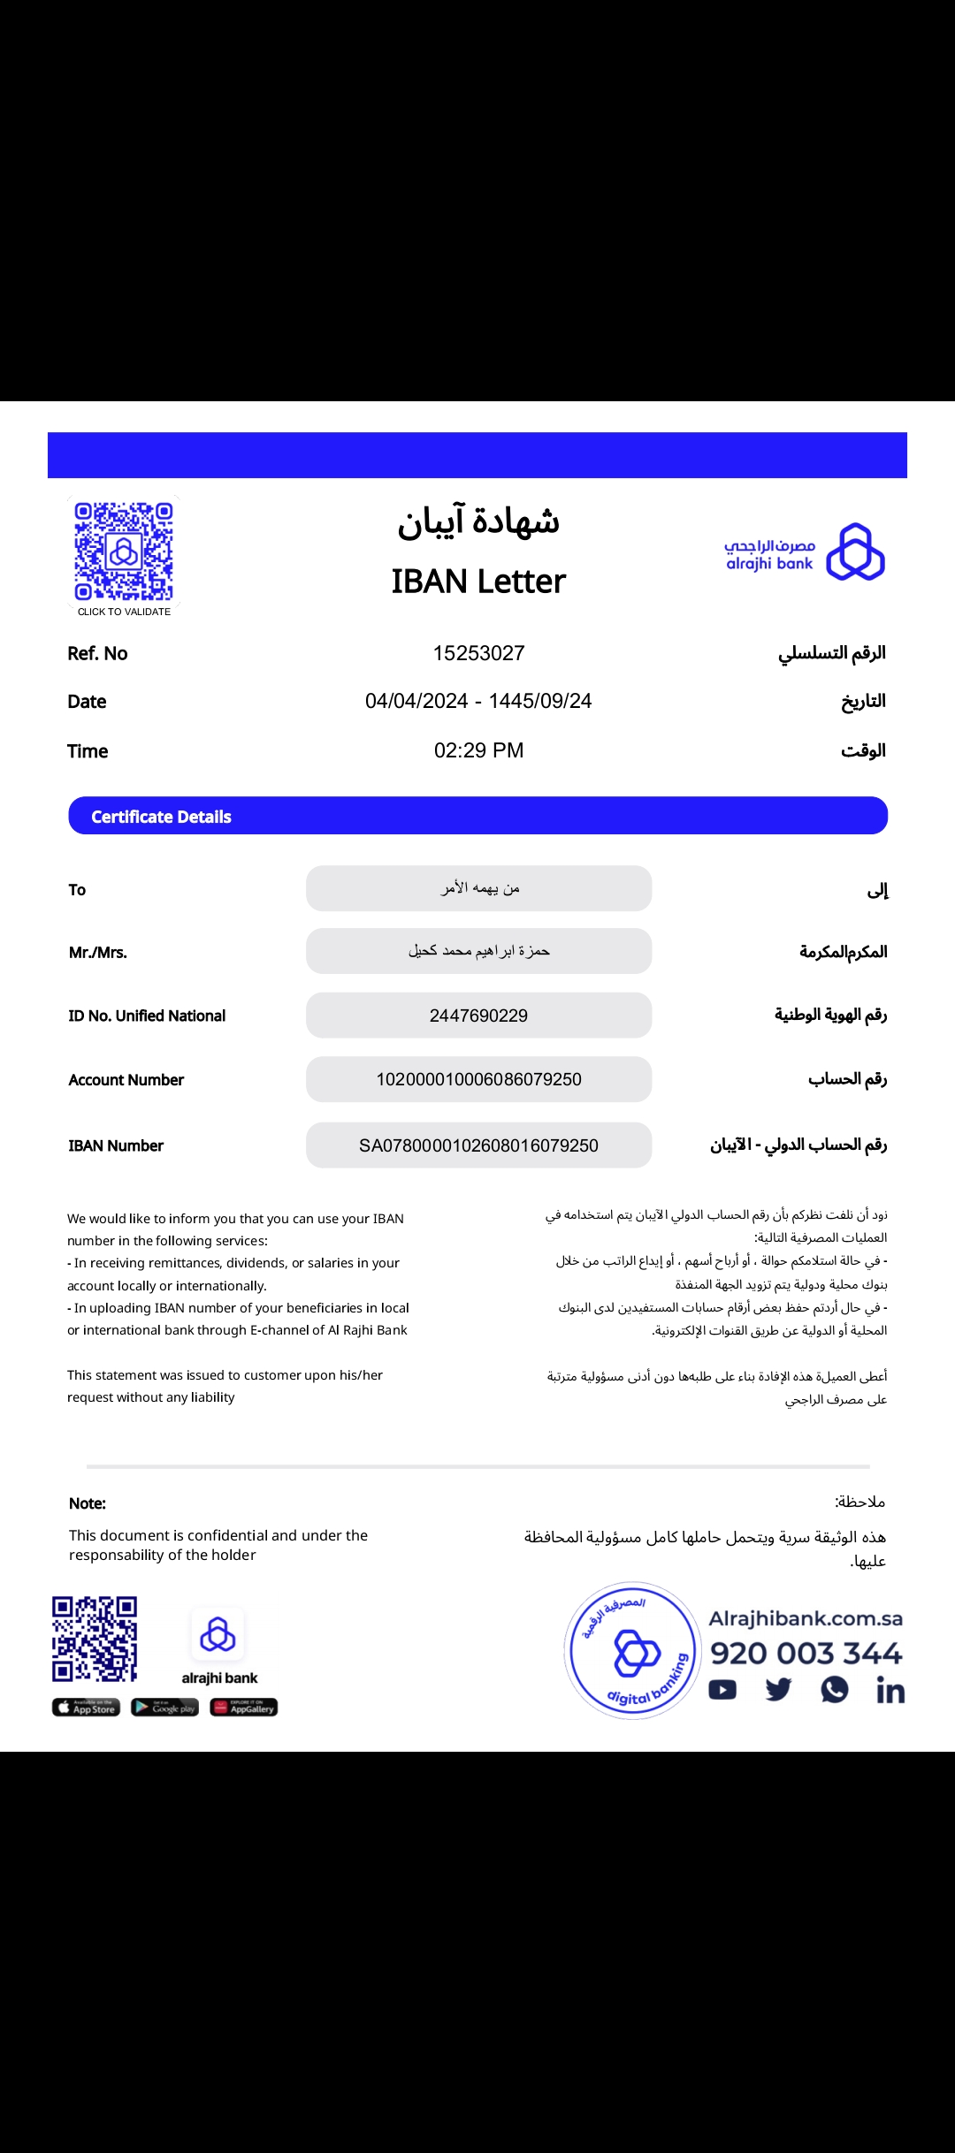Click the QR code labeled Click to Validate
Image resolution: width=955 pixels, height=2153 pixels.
click(124, 552)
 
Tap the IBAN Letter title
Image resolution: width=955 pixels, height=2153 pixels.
click(478, 582)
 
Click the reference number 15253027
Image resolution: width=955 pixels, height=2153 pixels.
click(478, 653)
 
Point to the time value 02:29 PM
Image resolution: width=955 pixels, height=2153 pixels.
click(478, 750)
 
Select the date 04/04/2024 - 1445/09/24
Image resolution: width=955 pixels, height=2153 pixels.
click(478, 701)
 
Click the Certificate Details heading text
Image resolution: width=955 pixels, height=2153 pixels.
click(161, 817)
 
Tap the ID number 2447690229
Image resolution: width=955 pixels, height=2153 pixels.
click(478, 1016)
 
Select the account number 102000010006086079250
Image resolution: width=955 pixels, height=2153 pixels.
click(478, 1079)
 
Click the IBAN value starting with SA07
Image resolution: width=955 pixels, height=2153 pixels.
click(478, 1145)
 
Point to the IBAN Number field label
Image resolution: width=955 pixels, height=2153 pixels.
click(116, 1145)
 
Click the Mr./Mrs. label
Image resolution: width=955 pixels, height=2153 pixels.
click(98, 952)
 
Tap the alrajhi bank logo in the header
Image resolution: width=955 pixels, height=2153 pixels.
click(805, 552)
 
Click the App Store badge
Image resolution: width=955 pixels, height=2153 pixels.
click(86, 1708)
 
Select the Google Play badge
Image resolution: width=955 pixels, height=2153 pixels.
click(165, 1708)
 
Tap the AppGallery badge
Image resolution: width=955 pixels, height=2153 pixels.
click(244, 1708)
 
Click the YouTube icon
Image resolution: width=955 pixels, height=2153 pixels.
click(722, 1690)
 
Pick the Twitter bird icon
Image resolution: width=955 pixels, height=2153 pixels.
click(778, 1690)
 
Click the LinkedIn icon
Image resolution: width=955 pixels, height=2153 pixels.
click(890, 1690)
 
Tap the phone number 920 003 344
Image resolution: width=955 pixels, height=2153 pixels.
click(806, 1653)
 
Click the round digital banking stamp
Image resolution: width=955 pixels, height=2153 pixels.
click(633, 1650)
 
